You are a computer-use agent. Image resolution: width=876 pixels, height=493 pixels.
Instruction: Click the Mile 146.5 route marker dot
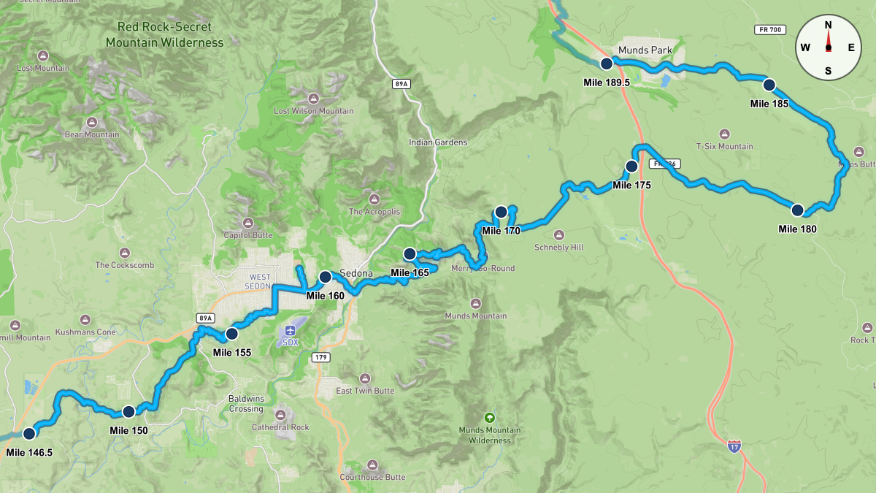(29, 433)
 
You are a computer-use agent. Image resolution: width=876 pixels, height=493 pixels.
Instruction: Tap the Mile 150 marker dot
(128, 411)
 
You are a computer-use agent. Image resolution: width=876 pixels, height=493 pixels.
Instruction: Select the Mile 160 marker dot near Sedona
(325, 277)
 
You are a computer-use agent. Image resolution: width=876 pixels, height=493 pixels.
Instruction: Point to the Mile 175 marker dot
(631, 166)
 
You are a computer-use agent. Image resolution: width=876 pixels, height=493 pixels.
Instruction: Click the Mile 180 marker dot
(797, 210)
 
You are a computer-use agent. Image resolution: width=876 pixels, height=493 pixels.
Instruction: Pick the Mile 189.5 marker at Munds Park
(606, 64)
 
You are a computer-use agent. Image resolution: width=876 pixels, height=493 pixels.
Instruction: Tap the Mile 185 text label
(769, 103)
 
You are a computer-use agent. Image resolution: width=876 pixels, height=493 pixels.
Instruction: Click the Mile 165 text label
(410, 272)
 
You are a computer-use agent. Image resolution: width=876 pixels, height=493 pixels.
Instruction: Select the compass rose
(828, 47)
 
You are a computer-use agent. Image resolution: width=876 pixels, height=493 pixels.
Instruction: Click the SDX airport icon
(291, 328)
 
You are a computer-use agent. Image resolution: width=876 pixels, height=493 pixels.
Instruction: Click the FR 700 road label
(769, 29)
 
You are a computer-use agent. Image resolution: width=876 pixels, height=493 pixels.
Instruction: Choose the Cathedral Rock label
(280, 427)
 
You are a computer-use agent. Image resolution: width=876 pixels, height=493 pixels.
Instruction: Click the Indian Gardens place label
(438, 142)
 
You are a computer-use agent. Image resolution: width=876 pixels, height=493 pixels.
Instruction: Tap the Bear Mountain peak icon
(93, 122)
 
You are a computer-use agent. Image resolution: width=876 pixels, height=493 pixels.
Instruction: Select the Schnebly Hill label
(559, 248)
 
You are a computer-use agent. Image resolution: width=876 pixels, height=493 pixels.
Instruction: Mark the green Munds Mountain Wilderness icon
(489, 418)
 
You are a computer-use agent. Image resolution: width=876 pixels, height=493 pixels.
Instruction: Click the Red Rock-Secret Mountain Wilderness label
(164, 34)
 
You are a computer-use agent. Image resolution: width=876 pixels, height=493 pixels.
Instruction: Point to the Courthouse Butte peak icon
(372, 465)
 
